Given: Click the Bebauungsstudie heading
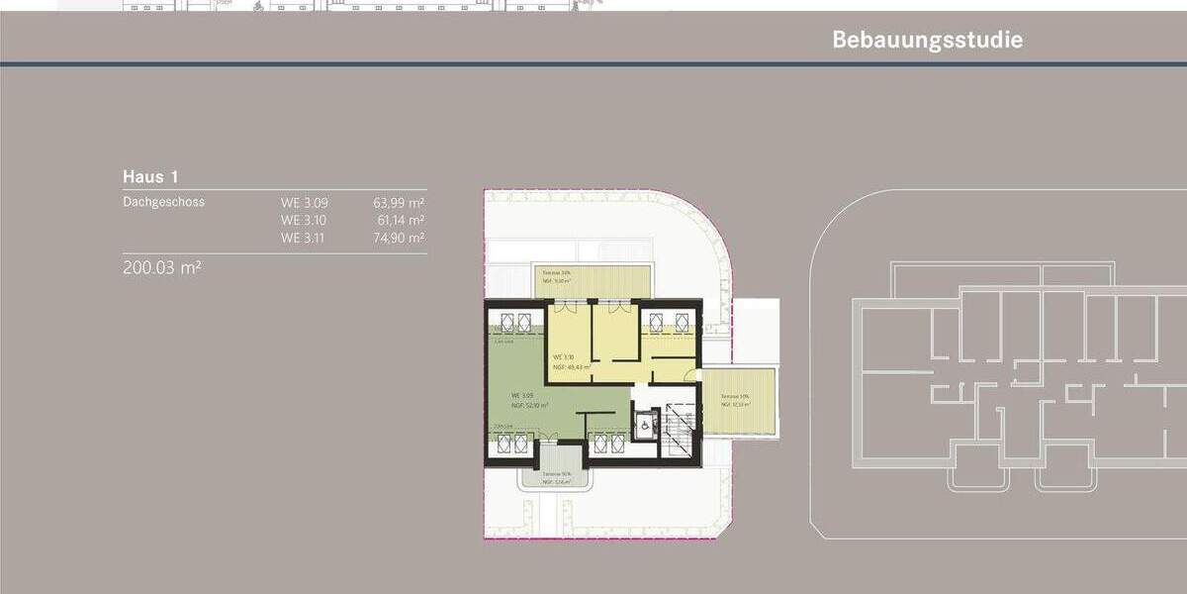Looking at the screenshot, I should [x=927, y=41].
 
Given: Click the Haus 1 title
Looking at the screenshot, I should [x=150, y=176].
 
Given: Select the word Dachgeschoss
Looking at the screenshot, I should [x=163, y=202].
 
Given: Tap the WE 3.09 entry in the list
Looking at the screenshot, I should [x=304, y=202].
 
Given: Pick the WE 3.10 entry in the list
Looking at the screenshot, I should [x=304, y=220].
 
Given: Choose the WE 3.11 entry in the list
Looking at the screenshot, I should [x=304, y=238].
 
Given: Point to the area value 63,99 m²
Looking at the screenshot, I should [x=399, y=202].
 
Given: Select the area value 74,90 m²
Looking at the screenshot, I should [x=399, y=238].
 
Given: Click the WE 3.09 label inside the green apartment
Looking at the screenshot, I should [x=522, y=395].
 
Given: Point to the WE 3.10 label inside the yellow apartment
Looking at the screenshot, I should [x=564, y=356].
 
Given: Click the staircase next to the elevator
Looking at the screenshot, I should [x=681, y=426].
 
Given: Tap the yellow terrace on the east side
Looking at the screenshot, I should [x=739, y=401].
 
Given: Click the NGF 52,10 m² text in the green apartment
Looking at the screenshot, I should [x=531, y=406].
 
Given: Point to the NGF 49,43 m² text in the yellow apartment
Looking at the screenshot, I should [x=572, y=366].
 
